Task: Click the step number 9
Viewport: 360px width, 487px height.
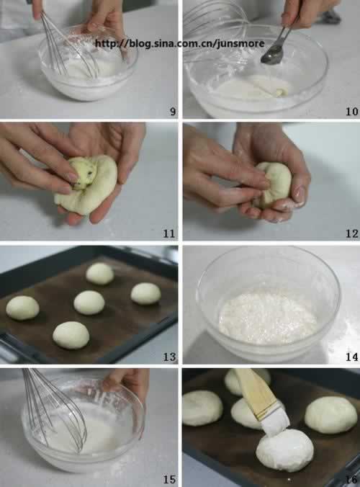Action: pos(173,112)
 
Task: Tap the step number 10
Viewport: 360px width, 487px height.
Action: pos(352,112)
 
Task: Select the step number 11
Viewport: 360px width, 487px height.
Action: pos(169,233)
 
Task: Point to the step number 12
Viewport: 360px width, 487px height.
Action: pos(352,233)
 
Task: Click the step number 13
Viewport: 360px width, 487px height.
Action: pos(169,357)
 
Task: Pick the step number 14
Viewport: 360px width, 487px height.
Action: pos(352,357)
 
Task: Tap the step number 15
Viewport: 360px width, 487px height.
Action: pos(169,479)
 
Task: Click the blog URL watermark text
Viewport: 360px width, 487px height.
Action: pos(180,43)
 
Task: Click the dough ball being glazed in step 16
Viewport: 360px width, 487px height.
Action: pos(284,450)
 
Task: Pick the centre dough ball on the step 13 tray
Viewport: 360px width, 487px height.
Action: pos(89,302)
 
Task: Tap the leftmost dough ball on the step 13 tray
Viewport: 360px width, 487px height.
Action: pos(22,308)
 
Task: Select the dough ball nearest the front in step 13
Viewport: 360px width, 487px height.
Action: pos(71,335)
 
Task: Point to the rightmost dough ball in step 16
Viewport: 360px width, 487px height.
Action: pos(330,415)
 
